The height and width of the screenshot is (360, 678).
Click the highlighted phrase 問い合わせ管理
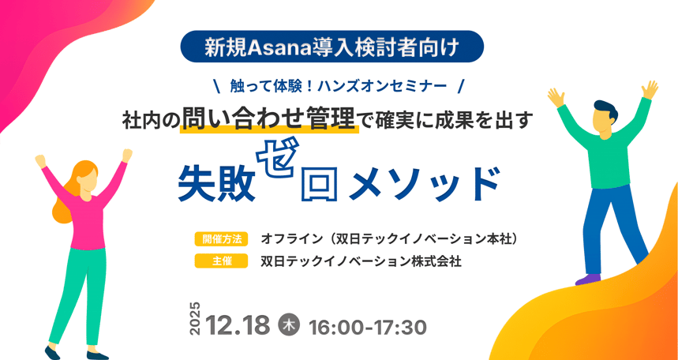(270, 119)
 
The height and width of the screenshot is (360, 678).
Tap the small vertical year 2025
(196, 319)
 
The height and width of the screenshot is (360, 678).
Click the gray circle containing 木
(290, 324)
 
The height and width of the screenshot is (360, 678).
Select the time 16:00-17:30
(368, 326)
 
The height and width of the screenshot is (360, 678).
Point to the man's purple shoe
(587, 279)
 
